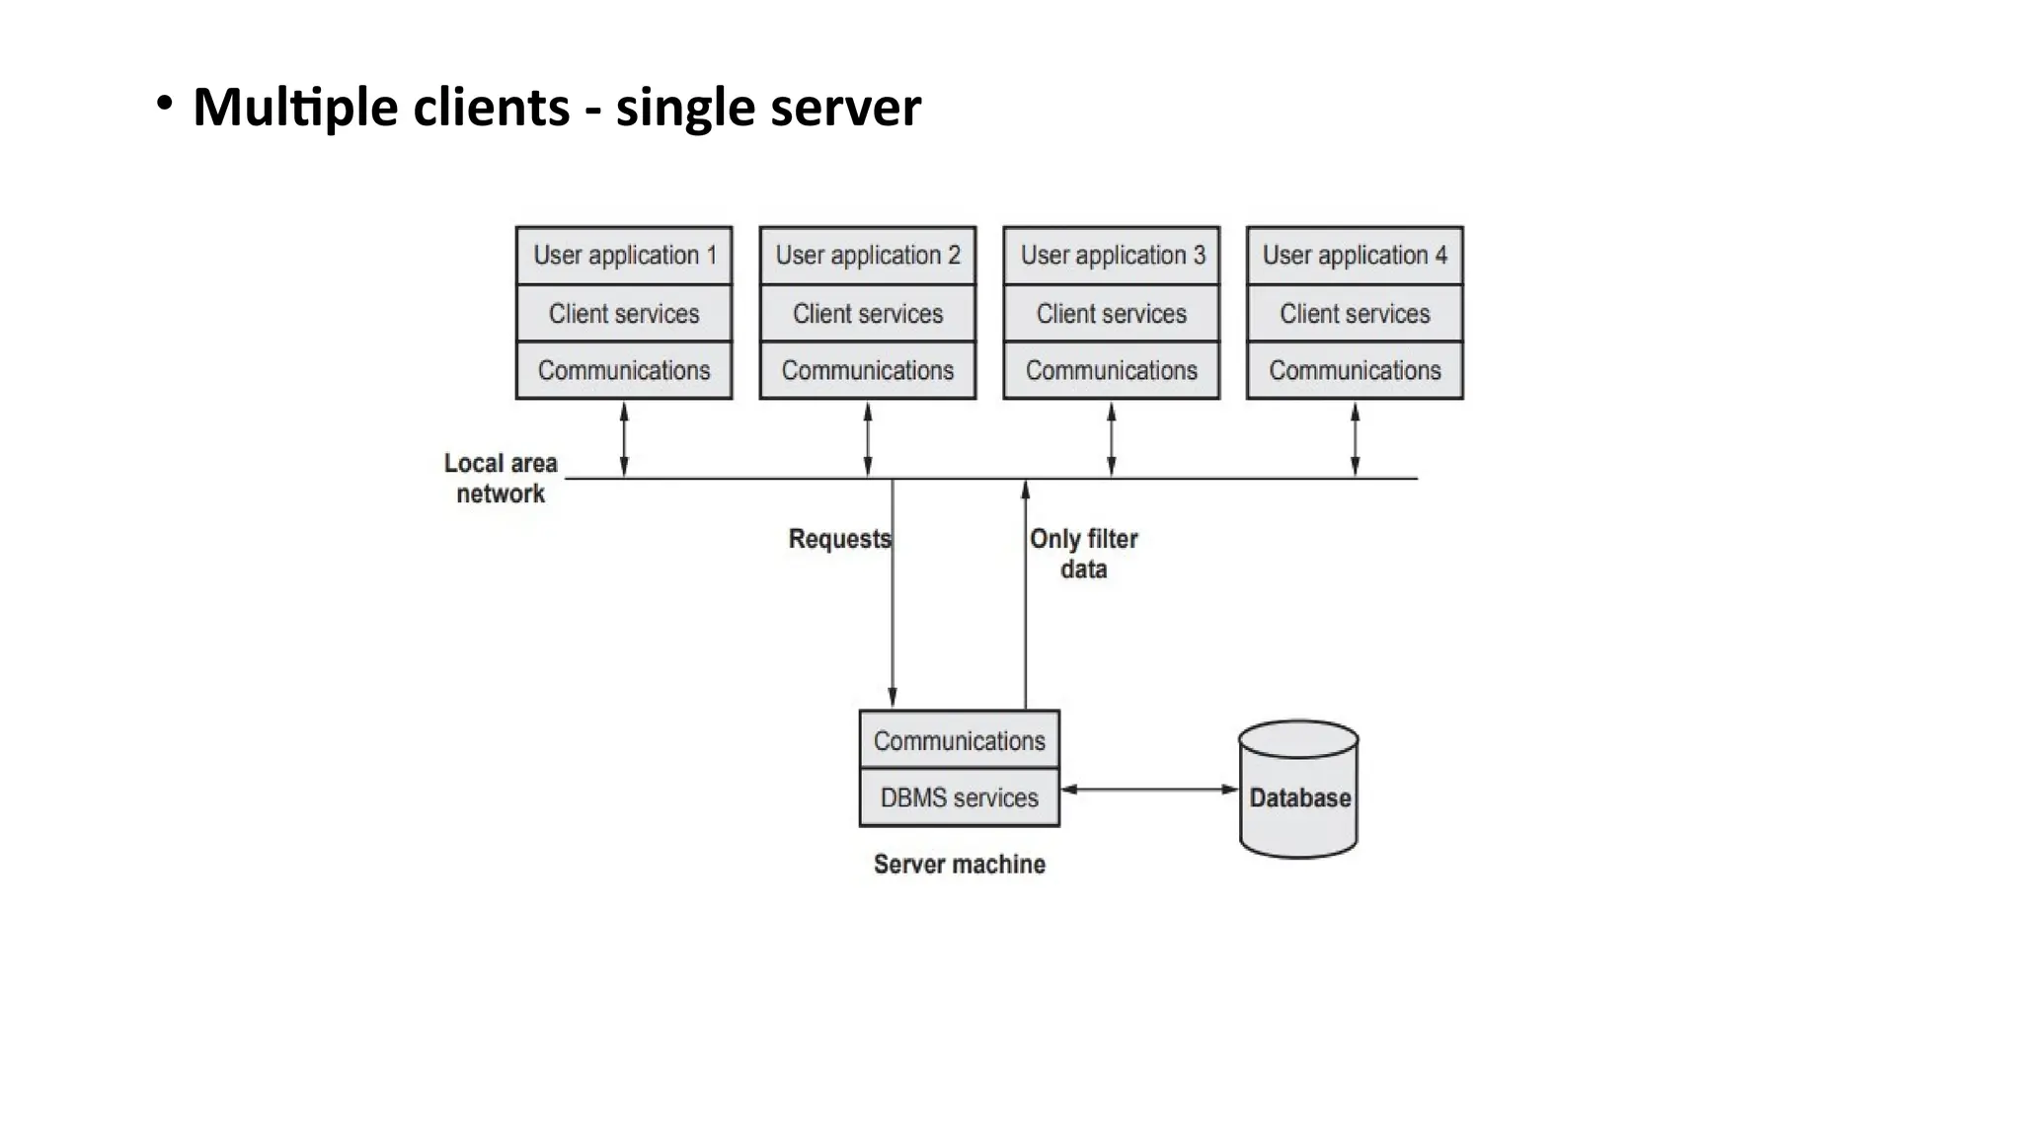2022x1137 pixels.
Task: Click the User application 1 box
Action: [624, 256]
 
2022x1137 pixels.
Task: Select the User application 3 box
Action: [1112, 256]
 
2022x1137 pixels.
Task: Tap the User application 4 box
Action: [1355, 256]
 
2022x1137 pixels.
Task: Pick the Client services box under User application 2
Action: [868, 314]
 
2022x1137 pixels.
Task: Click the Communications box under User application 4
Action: [1355, 371]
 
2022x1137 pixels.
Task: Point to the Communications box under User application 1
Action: [624, 371]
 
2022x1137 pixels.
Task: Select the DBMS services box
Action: [959, 797]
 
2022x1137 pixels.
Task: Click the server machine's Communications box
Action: [959, 740]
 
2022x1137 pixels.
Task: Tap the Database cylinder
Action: [1298, 790]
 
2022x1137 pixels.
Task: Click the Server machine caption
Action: [959, 865]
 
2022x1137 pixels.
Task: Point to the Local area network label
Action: [501, 479]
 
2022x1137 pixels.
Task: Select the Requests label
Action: [839, 539]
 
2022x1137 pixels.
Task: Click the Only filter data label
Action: [1083, 554]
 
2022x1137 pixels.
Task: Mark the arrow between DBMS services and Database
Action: [1148, 790]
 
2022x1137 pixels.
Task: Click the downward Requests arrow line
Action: [893, 612]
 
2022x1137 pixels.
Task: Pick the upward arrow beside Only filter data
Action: [1026, 612]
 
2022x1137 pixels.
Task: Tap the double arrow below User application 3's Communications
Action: [1112, 439]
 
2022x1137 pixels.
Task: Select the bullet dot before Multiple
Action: [165, 103]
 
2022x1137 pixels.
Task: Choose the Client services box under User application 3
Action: [1112, 314]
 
